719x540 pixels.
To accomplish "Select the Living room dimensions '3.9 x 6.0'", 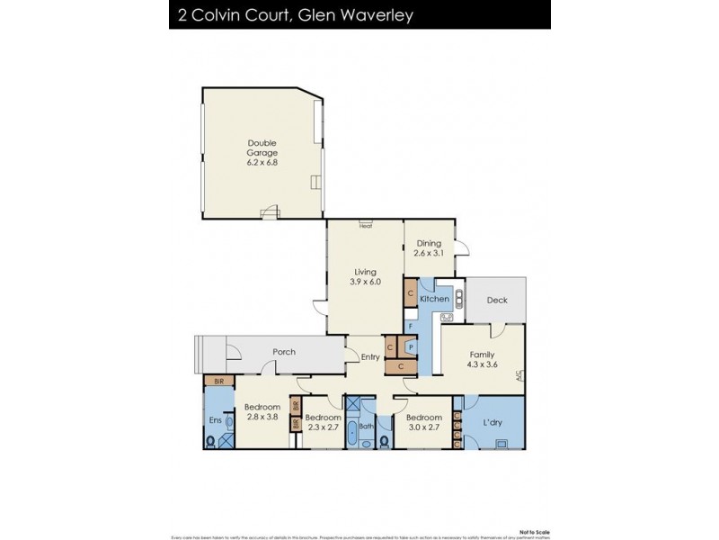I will [366, 282].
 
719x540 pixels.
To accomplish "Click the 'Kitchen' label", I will [434, 298].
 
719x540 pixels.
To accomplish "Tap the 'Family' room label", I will [482, 355].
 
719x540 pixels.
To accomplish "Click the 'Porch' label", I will [284, 352].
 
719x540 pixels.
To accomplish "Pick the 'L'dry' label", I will [493, 423].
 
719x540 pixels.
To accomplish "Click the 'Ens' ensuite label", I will [216, 420].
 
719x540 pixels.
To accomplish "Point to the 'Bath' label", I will [366, 427].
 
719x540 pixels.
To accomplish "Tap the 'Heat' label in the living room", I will [365, 226].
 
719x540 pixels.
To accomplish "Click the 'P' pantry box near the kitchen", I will [410, 346].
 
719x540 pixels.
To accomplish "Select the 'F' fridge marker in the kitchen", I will [410, 325].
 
